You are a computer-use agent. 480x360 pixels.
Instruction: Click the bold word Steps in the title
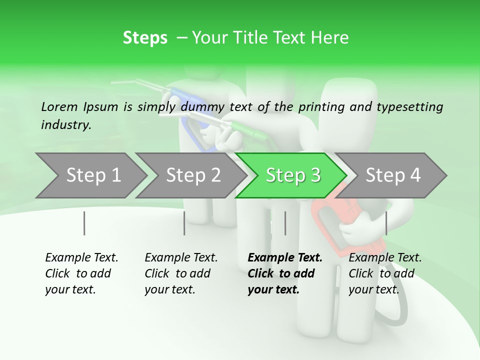point(145,38)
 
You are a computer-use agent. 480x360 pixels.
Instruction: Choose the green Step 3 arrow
point(293,175)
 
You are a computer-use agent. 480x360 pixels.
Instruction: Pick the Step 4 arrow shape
point(393,175)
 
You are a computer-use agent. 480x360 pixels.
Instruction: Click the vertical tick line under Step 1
point(84,223)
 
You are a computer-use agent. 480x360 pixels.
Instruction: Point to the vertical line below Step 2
point(184,223)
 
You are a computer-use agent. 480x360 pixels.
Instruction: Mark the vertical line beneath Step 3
point(285,223)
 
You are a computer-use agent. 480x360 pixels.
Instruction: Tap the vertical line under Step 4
point(386,223)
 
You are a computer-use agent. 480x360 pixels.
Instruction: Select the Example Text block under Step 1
point(81,273)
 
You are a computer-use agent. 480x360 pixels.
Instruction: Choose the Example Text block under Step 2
point(181,273)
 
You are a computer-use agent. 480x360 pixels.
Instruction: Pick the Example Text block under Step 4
point(385,273)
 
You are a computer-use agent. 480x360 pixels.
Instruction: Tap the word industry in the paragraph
point(66,124)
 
